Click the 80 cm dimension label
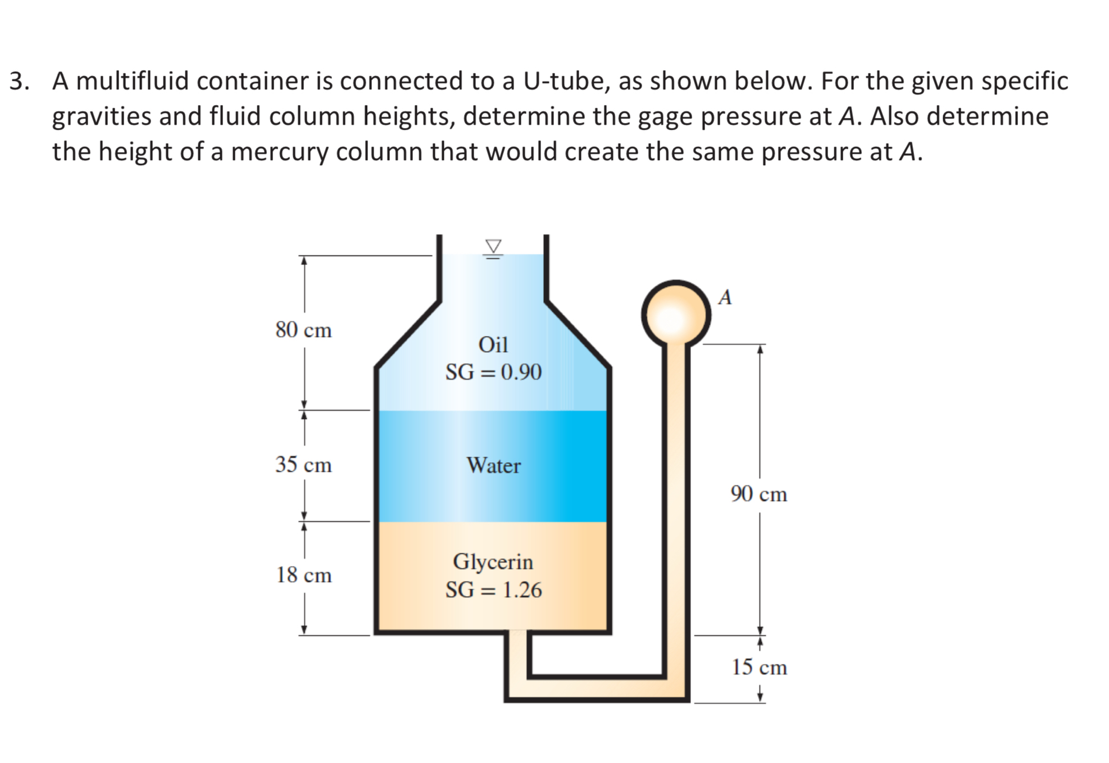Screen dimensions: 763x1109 [303, 330]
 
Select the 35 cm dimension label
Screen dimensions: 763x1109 [303, 465]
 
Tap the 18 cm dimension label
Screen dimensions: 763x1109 [303, 575]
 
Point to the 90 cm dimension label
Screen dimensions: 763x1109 [758, 494]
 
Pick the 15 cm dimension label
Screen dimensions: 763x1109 [758, 667]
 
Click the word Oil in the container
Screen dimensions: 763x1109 [493, 344]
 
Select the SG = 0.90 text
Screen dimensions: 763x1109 [493, 372]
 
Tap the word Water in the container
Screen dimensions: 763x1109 [493, 465]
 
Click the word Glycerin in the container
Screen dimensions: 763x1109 [493, 562]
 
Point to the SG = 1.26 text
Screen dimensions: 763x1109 [493, 590]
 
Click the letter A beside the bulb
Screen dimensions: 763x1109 [725, 297]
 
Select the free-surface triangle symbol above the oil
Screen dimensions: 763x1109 [493, 247]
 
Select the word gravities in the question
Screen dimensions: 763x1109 [102, 117]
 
